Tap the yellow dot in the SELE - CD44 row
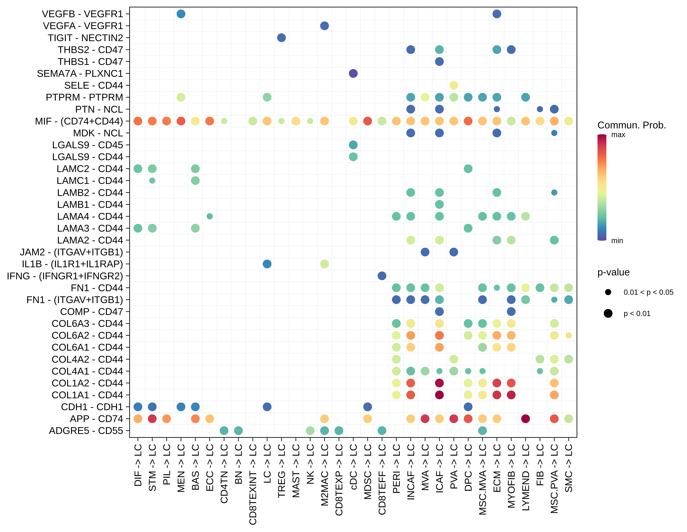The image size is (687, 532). click(453, 85)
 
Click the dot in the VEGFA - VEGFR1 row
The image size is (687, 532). click(324, 26)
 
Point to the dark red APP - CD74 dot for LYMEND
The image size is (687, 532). click(525, 419)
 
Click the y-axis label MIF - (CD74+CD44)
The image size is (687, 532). click(79, 121)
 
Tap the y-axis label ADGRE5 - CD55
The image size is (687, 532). click(86, 431)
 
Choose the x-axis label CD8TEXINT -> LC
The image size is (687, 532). click(253, 484)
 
